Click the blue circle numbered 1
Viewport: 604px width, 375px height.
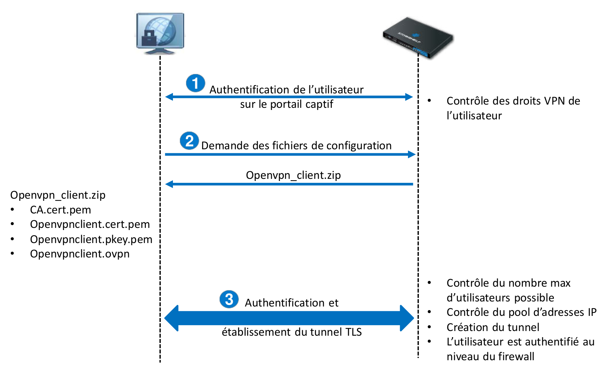tap(195, 83)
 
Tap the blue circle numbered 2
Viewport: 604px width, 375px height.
tap(190, 141)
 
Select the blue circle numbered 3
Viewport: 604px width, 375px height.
tap(229, 299)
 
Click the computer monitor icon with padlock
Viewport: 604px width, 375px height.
tap(160, 33)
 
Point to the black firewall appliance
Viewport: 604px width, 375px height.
tap(418, 37)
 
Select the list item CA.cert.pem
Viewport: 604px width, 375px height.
tap(60, 210)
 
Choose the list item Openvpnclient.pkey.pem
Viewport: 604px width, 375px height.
tap(91, 239)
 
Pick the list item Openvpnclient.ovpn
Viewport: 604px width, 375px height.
tap(79, 254)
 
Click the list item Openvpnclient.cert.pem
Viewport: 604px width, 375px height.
tap(90, 224)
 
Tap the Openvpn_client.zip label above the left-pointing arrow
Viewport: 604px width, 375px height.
tap(293, 175)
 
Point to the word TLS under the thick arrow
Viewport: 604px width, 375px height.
tap(353, 332)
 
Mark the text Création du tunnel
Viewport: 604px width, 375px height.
tap(493, 327)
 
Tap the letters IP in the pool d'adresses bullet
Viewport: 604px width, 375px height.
tap(592, 312)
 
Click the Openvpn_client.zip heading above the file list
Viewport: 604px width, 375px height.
tap(58, 195)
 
